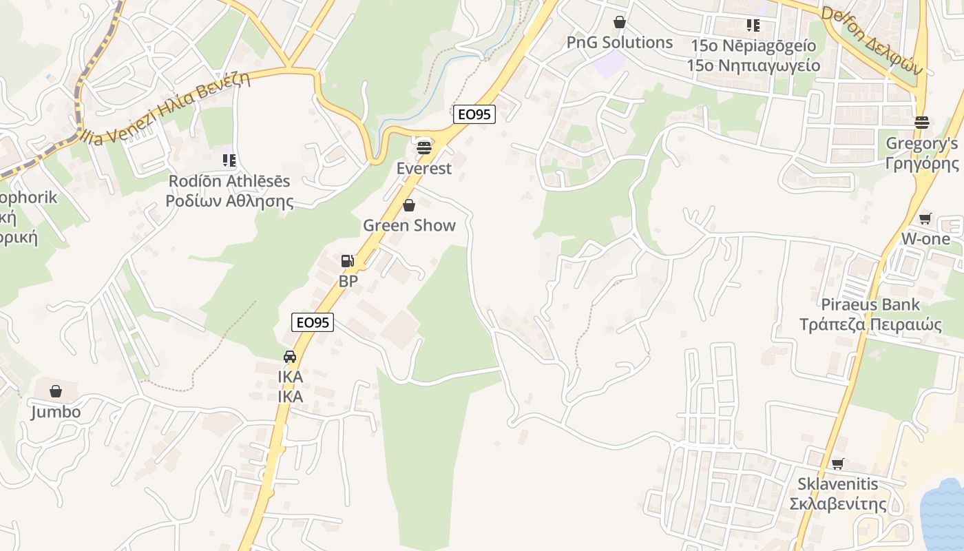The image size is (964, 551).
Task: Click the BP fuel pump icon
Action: pyautogui.click(x=348, y=261)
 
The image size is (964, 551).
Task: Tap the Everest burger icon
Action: pyautogui.click(x=423, y=147)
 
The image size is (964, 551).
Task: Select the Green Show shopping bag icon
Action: pyautogui.click(x=409, y=205)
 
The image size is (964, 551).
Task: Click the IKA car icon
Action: pyautogui.click(x=290, y=357)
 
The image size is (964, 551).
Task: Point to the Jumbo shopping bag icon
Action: pyautogui.click(x=56, y=391)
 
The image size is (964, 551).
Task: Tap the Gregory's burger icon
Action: pyautogui.click(x=921, y=123)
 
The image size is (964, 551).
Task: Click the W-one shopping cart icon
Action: pyautogui.click(x=925, y=218)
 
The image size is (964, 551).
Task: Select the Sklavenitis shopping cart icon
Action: pyautogui.click(x=837, y=464)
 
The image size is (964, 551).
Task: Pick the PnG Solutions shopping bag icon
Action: pyautogui.click(x=620, y=22)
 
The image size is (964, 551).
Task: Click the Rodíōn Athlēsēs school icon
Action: pyautogui.click(x=229, y=160)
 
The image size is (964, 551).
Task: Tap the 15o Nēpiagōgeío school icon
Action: pyautogui.click(x=753, y=25)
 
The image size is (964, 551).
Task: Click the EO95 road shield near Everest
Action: pyautogui.click(x=474, y=114)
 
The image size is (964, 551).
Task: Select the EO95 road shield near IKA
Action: pyautogui.click(x=313, y=322)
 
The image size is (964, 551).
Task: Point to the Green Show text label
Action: pyautogui.click(x=409, y=225)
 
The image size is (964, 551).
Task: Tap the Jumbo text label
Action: pyautogui.click(x=56, y=412)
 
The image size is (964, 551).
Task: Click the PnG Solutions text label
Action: pyautogui.click(x=619, y=42)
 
